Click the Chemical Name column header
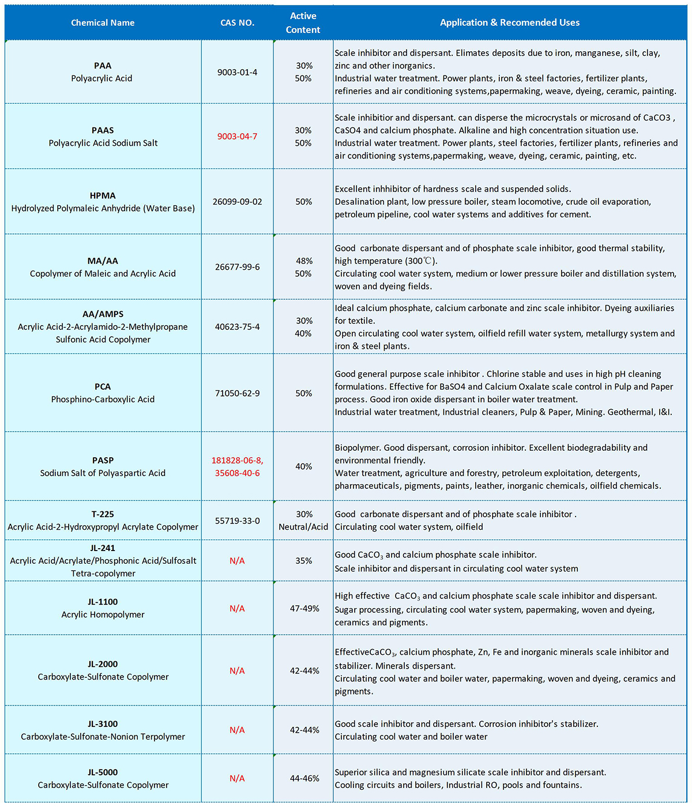coord(103,23)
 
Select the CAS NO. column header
coord(237,23)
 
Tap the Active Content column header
coord(303,23)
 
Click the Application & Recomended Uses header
coord(510,23)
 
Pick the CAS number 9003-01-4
coord(237,72)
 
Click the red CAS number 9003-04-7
coord(237,137)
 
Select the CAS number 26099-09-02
coord(237,202)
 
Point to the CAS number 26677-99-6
coord(237,267)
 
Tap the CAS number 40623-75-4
coord(237,327)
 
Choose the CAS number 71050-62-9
coord(237,393)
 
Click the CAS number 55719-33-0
coord(237,521)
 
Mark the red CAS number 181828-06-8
coord(237,460)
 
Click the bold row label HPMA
coord(103,195)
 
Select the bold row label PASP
coord(103,460)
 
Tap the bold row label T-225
coord(103,514)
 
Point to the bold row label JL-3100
coord(103,724)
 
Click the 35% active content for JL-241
coord(303,561)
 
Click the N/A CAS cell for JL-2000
coord(237,671)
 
